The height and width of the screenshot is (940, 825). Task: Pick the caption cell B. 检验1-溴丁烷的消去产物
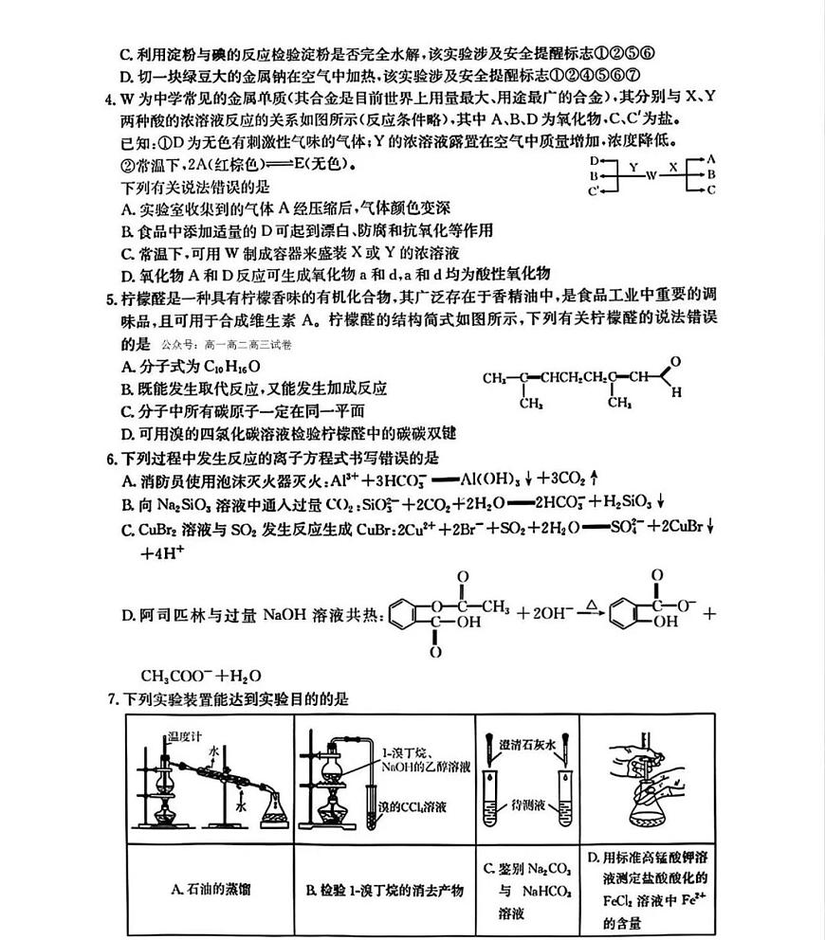384,890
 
